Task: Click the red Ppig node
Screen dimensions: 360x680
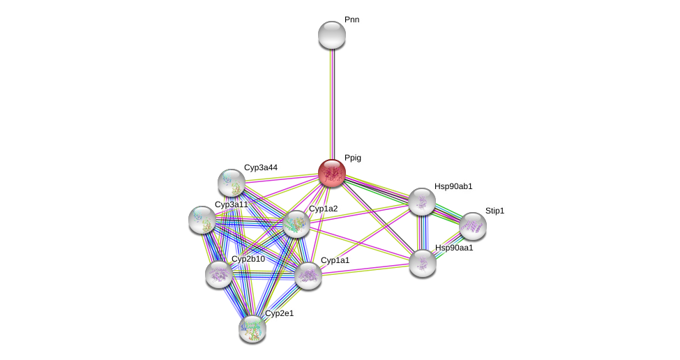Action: pos(332,173)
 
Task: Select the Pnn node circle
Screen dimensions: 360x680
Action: pos(332,35)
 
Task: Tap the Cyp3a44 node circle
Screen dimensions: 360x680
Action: pos(232,183)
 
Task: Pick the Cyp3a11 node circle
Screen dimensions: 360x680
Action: pos(202,220)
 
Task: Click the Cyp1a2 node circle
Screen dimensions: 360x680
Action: pos(296,224)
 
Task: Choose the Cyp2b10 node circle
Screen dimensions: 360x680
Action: pos(219,274)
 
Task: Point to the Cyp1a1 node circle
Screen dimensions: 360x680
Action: pos(308,276)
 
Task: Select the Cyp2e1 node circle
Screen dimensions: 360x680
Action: pos(252,329)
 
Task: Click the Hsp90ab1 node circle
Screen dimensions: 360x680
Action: pos(422,202)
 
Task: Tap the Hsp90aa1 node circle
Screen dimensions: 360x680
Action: pos(423,263)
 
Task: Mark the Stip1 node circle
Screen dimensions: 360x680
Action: pos(473,226)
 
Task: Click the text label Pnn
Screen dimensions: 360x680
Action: pos(352,20)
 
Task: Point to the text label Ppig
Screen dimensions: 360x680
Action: pos(353,158)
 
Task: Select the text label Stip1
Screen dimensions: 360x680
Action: pos(494,211)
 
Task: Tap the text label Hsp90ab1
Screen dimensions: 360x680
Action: pos(453,186)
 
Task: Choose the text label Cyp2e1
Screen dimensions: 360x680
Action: pos(279,313)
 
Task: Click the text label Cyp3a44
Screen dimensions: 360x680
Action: pos(261,167)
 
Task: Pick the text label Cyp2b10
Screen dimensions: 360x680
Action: pos(248,259)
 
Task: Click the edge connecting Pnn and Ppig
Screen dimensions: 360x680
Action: pos(332,105)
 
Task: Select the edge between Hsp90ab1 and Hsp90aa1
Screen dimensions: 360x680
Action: pos(422,232)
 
